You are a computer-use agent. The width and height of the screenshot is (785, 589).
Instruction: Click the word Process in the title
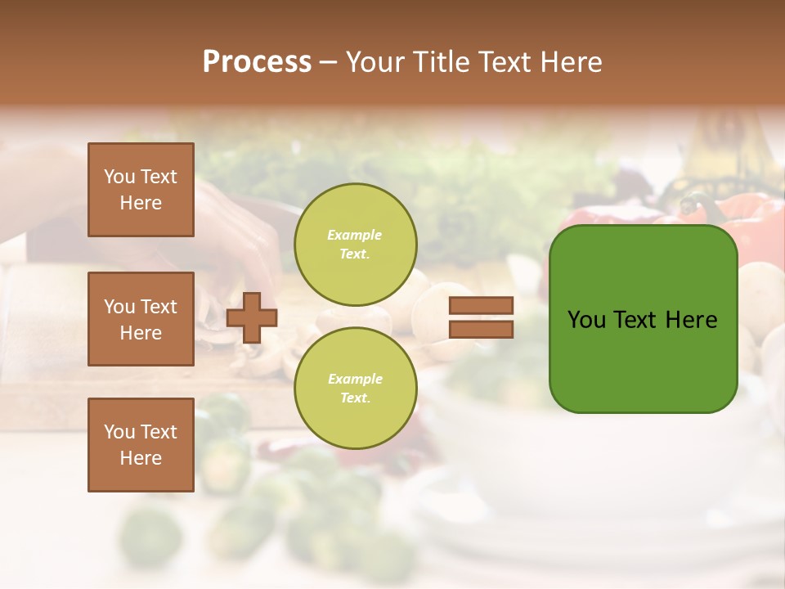click(257, 62)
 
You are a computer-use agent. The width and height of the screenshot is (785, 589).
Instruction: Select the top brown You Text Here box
click(141, 190)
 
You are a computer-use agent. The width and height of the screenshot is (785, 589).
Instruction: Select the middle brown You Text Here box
click(141, 319)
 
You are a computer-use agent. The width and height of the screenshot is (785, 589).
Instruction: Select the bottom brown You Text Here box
click(141, 445)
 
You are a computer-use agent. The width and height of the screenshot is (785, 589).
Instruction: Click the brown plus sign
click(251, 317)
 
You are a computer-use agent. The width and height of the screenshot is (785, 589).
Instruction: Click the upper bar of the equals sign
click(481, 306)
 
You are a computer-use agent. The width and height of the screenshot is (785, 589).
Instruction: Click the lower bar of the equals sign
click(481, 329)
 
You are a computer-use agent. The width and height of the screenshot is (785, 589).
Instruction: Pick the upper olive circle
click(355, 245)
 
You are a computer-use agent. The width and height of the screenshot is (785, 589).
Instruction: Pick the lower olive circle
click(355, 388)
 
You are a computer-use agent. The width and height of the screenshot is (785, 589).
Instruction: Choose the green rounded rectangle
click(643, 319)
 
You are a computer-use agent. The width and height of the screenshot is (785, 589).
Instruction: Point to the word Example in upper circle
click(354, 235)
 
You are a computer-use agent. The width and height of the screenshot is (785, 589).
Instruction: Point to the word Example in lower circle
click(355, 379)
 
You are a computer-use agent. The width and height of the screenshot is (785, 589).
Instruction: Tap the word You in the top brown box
click(119, 177)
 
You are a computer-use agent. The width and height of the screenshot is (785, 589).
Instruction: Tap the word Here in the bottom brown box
click(141, 458)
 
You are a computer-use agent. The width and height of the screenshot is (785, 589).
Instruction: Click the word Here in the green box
click(691, 320)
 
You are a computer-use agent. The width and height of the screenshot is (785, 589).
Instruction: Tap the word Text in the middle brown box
click(159, 307)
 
